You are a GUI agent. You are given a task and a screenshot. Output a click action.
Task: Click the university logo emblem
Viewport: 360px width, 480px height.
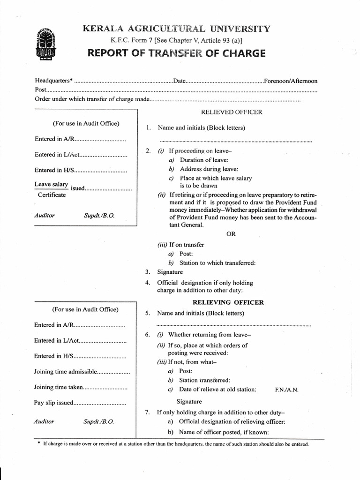[45, 45]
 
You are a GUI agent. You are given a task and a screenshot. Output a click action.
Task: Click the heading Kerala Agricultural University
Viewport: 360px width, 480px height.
[176, 29]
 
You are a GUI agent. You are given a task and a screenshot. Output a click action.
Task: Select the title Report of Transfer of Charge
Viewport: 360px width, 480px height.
[176, 53]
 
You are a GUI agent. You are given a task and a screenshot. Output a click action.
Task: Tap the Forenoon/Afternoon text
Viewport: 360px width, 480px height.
[291, 81]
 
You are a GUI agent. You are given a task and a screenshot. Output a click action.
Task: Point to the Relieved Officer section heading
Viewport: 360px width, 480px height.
[232, 112]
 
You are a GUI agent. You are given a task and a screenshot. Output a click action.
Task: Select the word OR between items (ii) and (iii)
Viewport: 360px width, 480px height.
[231, 234]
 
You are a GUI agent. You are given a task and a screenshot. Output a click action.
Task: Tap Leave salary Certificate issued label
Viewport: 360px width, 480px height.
[52, 189]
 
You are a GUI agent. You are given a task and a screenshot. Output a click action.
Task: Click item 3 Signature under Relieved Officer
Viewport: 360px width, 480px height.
[170, 272]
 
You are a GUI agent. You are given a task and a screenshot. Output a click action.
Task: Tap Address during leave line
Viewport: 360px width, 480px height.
[209, 169]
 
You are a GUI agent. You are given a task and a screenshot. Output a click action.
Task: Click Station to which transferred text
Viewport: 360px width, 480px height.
[217, 262]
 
